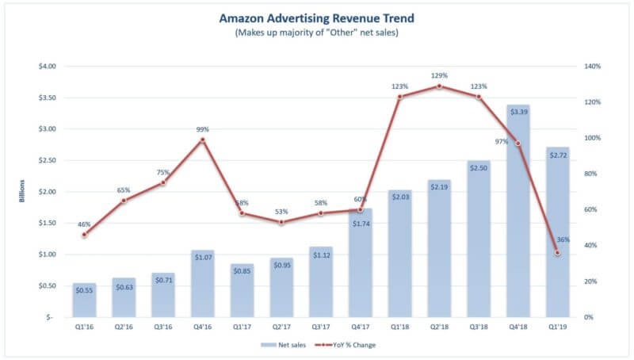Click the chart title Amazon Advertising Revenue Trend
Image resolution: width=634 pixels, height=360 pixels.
(x=317, y=18)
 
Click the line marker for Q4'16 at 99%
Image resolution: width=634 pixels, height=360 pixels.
(x=203, y=140)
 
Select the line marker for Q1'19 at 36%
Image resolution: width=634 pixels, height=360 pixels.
(x=557, y=253)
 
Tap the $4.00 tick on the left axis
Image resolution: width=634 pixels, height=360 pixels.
(x=47, y=66)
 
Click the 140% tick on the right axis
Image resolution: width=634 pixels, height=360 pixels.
(x=595, y=66)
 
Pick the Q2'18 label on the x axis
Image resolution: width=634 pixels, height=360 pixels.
(x=439, y=327)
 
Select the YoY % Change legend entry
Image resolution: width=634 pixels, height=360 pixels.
(x=349, y=346)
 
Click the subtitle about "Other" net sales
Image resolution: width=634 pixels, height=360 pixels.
(x=317, y=33)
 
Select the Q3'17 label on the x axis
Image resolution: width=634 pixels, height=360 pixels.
(x=321, y=327)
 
